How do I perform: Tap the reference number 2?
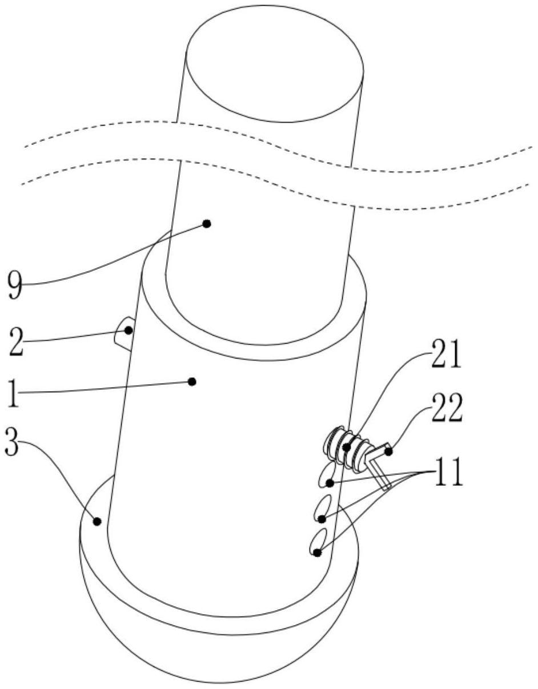(17, 343)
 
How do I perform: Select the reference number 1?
(13, 393)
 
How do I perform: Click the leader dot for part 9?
(207, 224)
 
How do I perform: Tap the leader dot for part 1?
(192, 382)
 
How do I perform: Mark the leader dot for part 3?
(97, 521)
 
